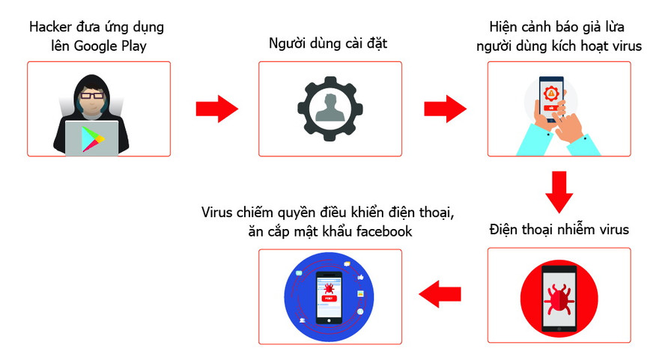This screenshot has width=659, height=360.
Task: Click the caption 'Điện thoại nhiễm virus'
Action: [559, 229]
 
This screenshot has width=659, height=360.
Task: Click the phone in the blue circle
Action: [329, 296]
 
